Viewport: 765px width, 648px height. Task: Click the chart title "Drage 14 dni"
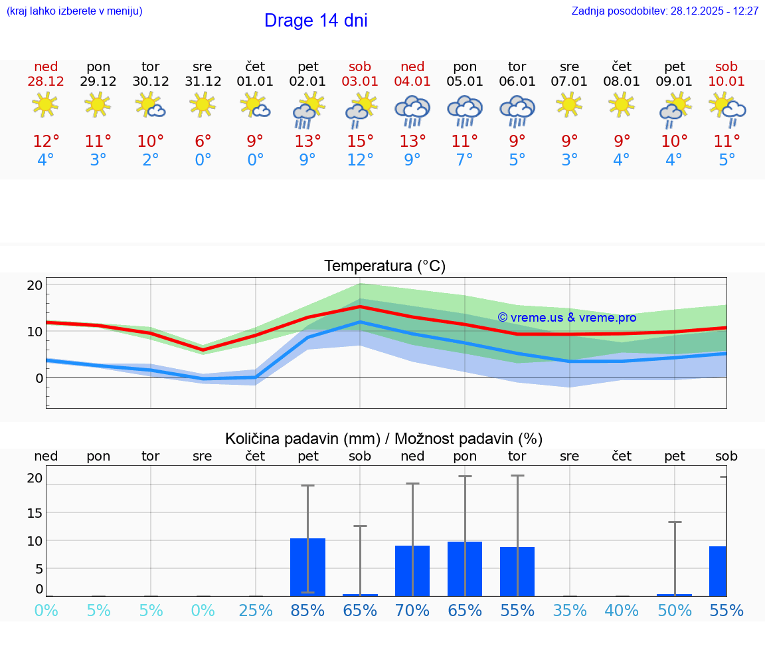[x=315, y=21]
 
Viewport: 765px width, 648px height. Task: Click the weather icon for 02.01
[x=308, y=110]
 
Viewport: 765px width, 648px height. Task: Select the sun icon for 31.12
[x=203, y=104]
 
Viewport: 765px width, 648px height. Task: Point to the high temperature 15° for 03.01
[x=360, y=142]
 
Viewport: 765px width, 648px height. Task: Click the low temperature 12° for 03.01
[x=360, y=160]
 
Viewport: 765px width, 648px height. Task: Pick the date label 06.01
[x=517, y=82]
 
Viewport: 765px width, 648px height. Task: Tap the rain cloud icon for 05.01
[x=465, y=110]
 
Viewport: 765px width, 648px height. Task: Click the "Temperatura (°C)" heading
[x=384, y=267]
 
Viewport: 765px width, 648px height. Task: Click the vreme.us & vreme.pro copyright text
[x=566, y=318]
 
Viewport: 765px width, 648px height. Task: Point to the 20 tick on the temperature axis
[x=35, y=285]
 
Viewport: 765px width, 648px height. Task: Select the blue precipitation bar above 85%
[x=307, y=566]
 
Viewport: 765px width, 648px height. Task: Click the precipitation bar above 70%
[x=412, y=570]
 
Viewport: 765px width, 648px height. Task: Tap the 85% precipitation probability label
[x=307, y=611]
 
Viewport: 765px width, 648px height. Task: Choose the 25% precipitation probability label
[x=255, y=611]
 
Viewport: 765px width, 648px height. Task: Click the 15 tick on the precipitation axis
[x=35, y=512]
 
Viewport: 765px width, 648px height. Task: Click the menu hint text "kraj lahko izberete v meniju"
[x=74, y=11]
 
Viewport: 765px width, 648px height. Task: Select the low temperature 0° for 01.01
[x=255, y=160]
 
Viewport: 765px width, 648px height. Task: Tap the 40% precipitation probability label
[x=622, y=611]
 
